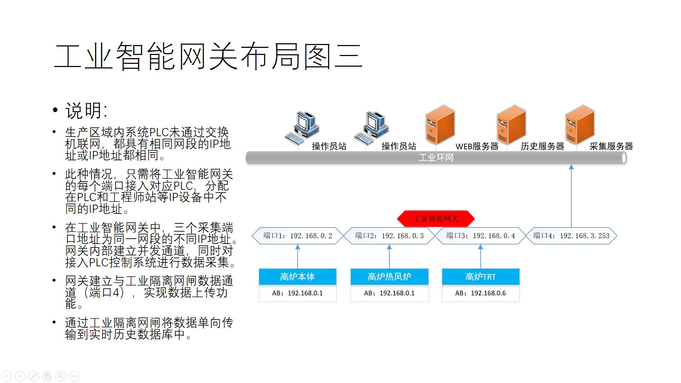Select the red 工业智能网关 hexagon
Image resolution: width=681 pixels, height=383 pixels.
(436, 218)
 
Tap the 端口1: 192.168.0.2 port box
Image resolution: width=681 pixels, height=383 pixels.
(298, 236)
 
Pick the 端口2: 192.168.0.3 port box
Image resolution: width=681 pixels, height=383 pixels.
(389, 236)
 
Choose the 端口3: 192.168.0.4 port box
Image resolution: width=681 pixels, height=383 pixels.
(481, 236)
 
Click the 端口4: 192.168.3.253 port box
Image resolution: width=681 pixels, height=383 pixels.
(571, 236)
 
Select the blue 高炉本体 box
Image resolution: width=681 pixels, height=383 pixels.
(298, 277)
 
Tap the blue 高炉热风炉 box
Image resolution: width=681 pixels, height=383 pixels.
(389, 277)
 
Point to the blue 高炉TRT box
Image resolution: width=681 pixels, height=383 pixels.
(481, 277)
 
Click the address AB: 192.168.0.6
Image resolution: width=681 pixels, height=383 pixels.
(481, 293)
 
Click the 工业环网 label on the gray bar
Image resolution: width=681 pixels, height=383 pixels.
(436, 158)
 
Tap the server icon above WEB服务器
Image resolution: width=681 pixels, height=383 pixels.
(440, 125)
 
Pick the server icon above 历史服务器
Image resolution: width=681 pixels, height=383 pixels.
(511, 125)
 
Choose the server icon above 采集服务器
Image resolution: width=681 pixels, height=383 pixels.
(580, 125)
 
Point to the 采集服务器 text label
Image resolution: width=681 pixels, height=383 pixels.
(611, 146)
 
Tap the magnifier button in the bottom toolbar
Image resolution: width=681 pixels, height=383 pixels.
(61, 376)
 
